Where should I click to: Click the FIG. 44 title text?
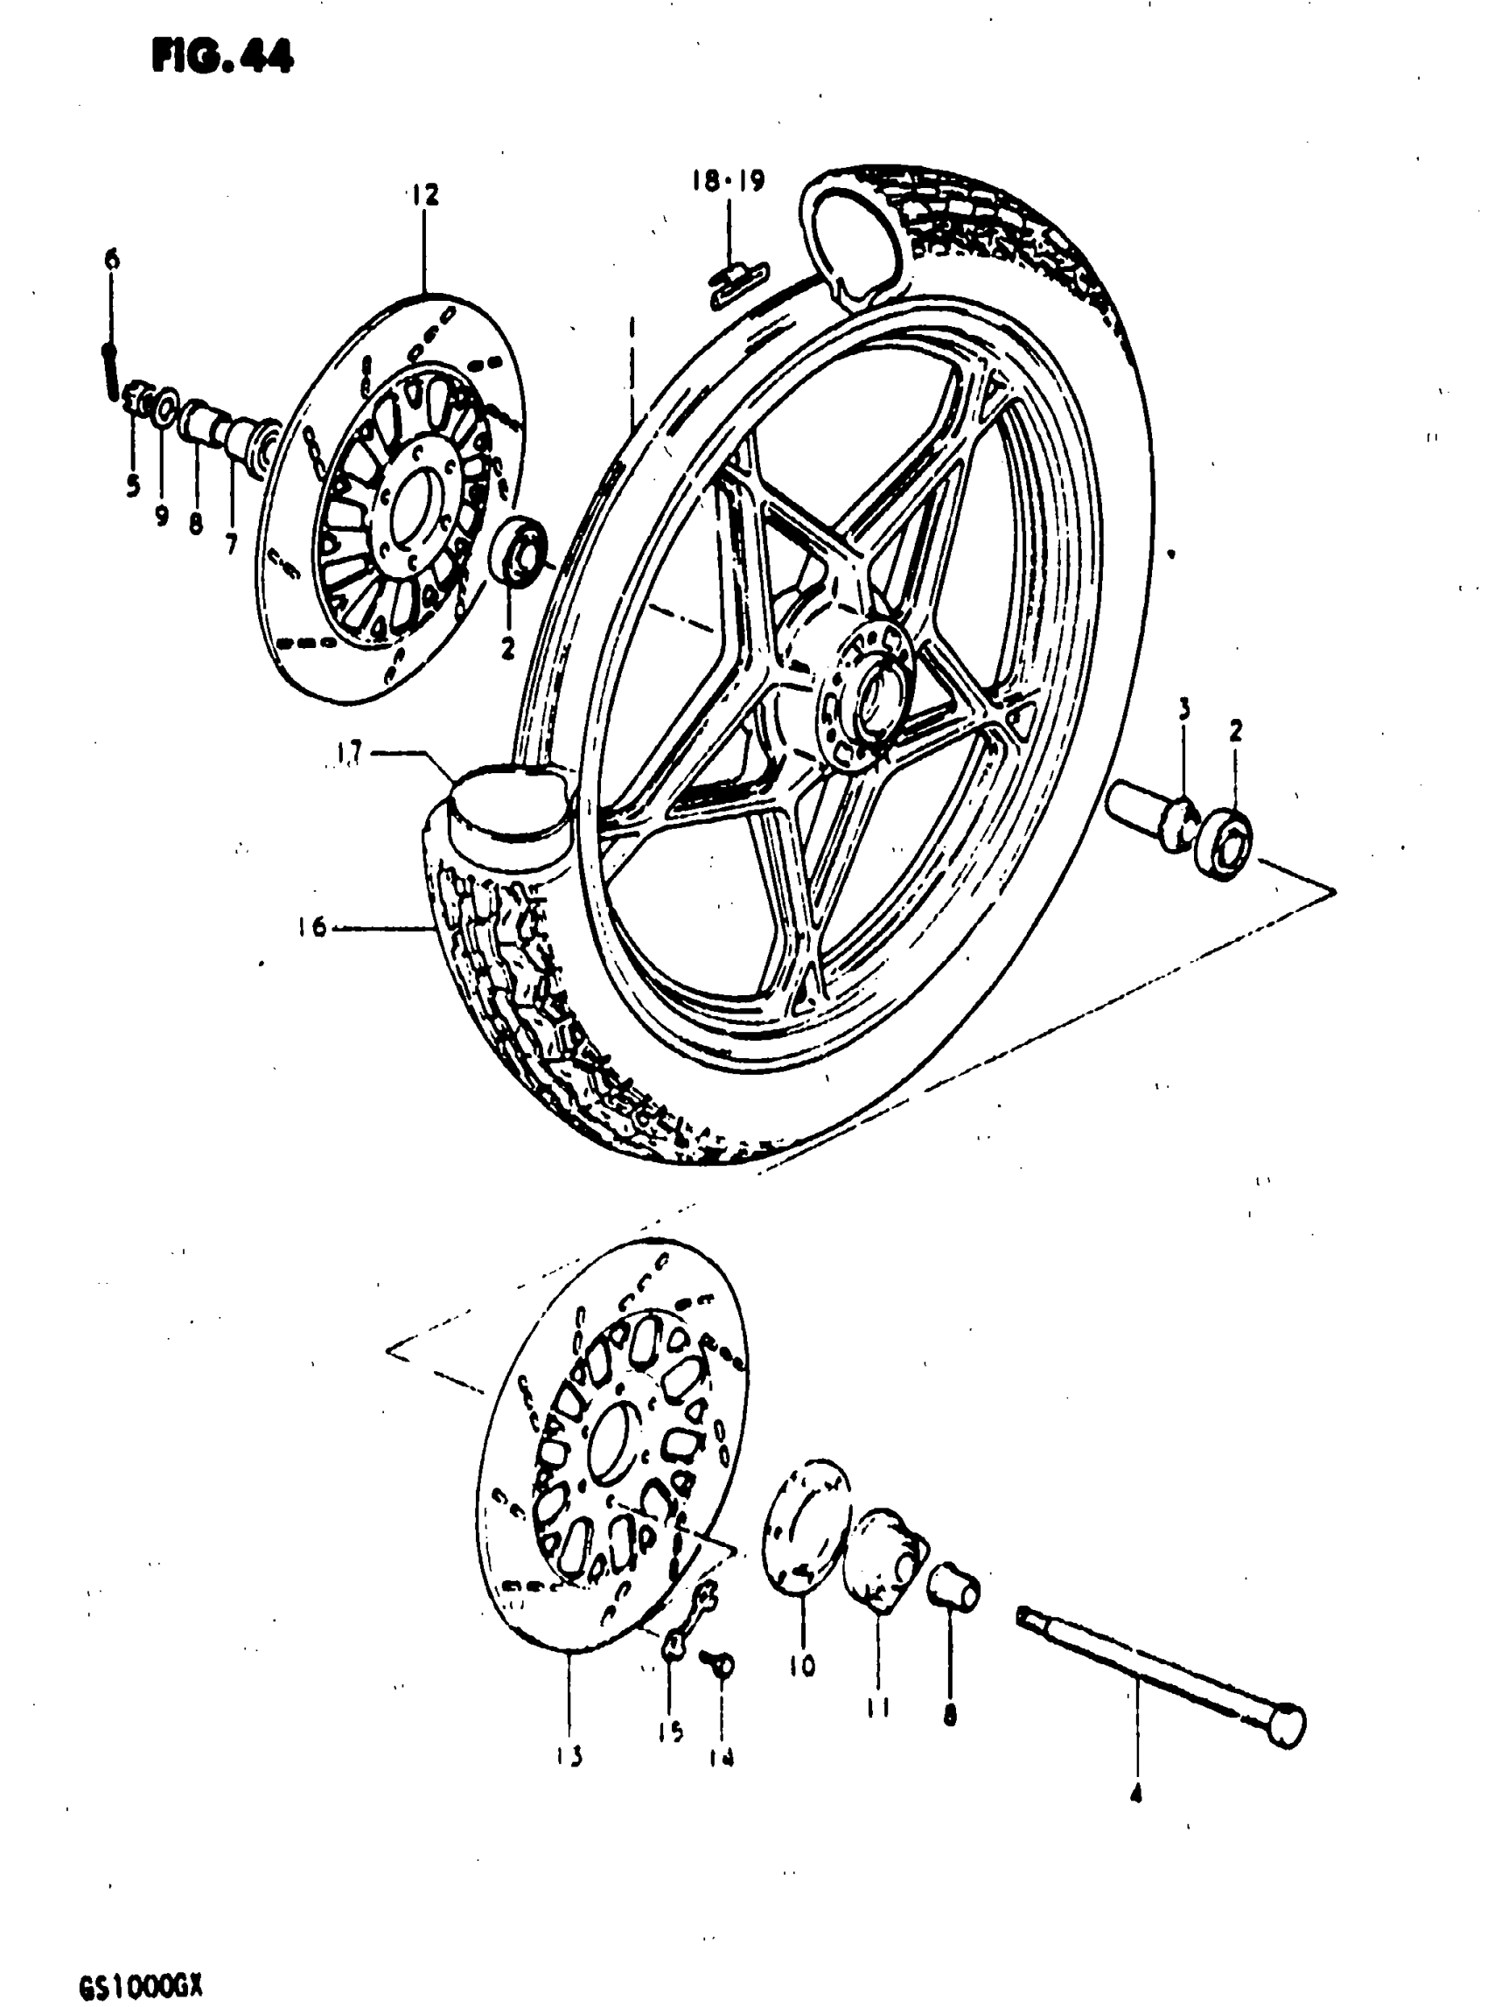coord(222,57)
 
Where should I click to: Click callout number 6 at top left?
coord(112,260)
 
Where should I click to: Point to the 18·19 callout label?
coord(729,181)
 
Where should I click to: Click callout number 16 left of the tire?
coord(312,926)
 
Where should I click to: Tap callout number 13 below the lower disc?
coord(569,1756)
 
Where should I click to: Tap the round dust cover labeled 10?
coord(806,1524)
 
